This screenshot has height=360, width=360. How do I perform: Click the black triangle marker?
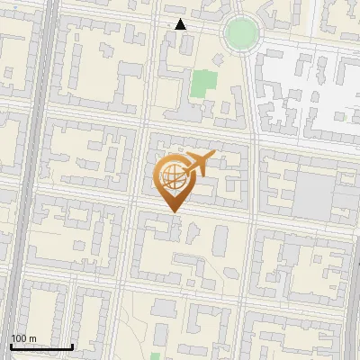180,24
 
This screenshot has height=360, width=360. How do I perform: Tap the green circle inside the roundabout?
241,33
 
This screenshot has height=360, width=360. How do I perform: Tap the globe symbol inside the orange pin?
172,175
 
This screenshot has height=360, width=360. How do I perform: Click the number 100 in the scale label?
18,338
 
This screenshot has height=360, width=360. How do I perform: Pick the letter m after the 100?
31,338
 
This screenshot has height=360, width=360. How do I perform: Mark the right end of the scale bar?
72,346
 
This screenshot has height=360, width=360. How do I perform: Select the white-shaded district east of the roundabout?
306,90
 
